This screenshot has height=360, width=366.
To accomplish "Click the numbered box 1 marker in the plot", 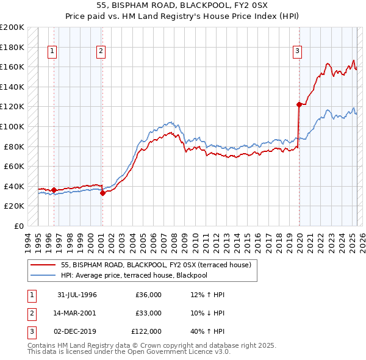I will click(52, 52).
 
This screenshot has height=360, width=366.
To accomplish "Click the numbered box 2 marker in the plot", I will click(101, 52).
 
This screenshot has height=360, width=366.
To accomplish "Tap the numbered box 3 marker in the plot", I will click(297, 52).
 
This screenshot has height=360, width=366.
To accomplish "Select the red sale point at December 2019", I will click(300, 104).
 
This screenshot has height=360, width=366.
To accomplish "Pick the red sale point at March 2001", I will click(102, 193).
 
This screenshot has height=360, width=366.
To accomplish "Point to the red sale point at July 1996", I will click(54, 190).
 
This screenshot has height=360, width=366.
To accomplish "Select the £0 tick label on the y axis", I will click(18, 226).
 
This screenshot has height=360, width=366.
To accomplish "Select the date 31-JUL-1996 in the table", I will click(77, 295).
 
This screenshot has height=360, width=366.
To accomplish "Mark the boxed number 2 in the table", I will click(31, 313).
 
